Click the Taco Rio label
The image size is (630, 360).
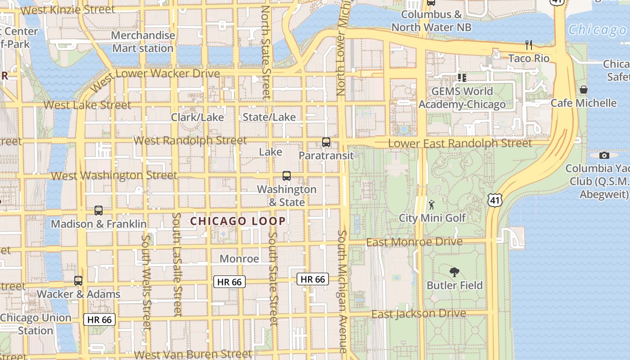529,58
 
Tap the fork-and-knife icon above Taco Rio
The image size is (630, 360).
529,45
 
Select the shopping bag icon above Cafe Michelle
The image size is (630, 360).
584,90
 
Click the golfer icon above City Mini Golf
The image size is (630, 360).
432,205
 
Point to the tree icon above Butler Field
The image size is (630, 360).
454,272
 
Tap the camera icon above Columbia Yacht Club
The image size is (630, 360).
604,156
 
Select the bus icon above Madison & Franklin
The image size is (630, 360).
99,210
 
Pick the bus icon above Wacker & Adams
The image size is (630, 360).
78,281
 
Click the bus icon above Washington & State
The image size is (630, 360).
287,176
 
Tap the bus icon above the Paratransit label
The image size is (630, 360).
326,142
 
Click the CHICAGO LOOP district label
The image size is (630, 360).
238,221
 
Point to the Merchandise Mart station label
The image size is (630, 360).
143,42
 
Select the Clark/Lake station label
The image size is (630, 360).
197,117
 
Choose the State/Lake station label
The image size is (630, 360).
269,117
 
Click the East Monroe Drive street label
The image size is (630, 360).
414,242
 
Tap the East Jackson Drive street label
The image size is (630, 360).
418,314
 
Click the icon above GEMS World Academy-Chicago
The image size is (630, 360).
462,78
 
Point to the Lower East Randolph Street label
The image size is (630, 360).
460,144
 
